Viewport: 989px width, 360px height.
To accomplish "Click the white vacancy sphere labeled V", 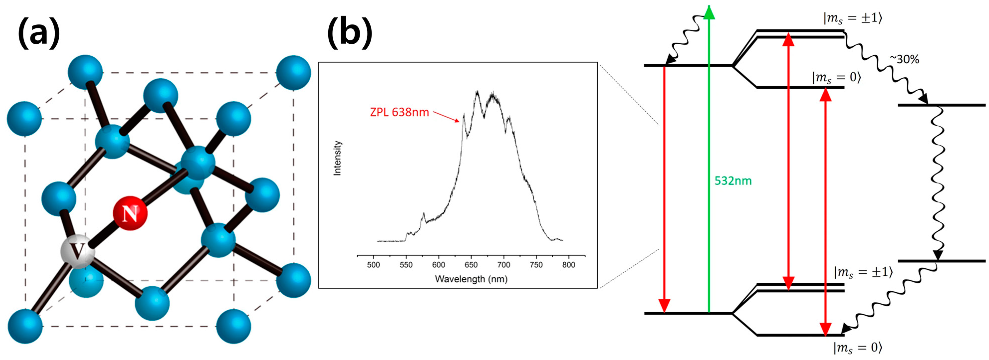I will (x=78, y=252).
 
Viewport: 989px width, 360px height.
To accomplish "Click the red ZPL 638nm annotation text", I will (x=399, y=112).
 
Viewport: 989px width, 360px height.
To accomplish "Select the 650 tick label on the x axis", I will (x=471, y=265).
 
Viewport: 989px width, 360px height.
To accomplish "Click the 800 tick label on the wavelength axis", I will (x=569, y=265).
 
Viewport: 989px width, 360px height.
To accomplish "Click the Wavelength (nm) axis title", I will (x=471, y=279).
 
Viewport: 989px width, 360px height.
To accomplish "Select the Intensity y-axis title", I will (x=337, y=158).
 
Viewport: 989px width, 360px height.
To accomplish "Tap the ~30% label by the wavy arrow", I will (x=904, y=60).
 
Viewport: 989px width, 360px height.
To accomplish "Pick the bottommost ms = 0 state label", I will (x=857, y=348).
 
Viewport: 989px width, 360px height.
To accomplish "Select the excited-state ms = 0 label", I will (x=837, y=78).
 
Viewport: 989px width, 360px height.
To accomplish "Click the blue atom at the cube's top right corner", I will (x=293, y=73).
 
